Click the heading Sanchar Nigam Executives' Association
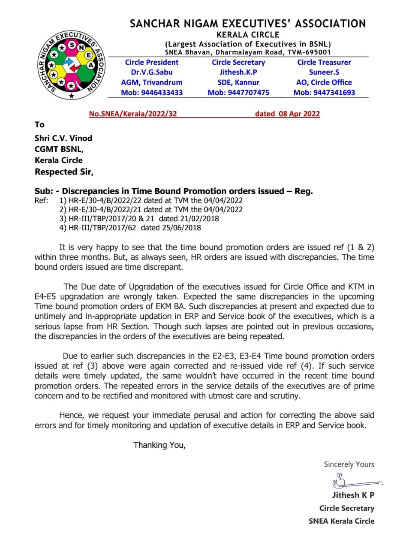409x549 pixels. [248, 24]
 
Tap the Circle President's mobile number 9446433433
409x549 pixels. [152, 93]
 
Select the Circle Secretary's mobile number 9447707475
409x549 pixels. [238, 93]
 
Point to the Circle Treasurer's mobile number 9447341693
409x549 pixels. [324, 93]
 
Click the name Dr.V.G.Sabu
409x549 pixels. [152, 72]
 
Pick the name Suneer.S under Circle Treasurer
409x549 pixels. [324, 72]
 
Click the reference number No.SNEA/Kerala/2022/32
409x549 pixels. [133, 114]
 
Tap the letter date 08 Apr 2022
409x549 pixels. [287, 114]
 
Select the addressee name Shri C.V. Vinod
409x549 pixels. [63, 138]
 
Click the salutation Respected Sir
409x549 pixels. [64, 172]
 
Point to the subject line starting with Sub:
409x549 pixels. [174, 191]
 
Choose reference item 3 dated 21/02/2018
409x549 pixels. [139, 218]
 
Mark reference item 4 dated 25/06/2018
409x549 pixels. [130, 228]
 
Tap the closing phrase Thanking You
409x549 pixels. [159, 445]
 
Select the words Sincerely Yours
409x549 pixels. [349, 464]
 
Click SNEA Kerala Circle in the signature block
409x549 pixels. [341, 521]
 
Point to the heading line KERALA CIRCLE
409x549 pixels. [248, 35]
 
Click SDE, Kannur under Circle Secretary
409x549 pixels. [238, 82]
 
